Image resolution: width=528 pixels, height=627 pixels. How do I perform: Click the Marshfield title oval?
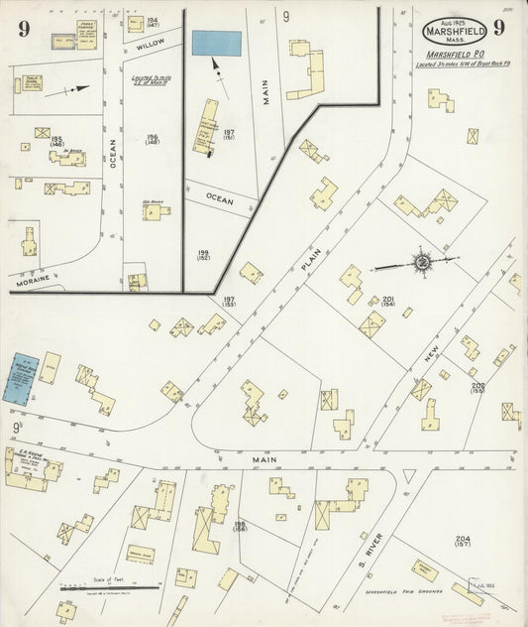[455, 29]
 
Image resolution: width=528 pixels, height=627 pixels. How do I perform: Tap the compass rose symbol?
[422, 262]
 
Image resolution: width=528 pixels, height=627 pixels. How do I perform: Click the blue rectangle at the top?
[217, 43]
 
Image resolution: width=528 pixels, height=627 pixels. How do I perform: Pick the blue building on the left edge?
[19, 377]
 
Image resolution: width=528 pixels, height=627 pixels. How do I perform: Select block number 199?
[203, 256]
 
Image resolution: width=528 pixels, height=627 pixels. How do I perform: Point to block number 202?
[477, 386]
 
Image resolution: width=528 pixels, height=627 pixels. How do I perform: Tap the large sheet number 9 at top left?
[22, 28]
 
